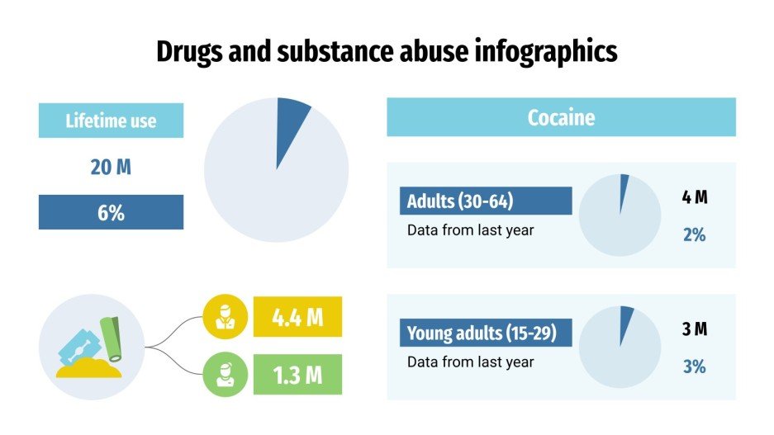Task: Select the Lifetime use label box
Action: click(111, 121)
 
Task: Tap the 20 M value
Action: click(111, 167)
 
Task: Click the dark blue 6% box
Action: click(111, 212)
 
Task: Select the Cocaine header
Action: click(561, 117)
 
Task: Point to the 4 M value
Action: click(695, 197)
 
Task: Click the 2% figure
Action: click(695, 234)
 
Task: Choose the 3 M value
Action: click(695, 329)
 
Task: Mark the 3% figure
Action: click(695, 366)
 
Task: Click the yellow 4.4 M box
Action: click(297, 317)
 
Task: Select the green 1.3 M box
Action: click(297, 375)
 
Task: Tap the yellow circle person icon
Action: click(225, 317)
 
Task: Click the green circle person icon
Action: click(225, 375)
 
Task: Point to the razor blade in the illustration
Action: click(77, 346)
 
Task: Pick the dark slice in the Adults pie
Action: click(623, 188)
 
